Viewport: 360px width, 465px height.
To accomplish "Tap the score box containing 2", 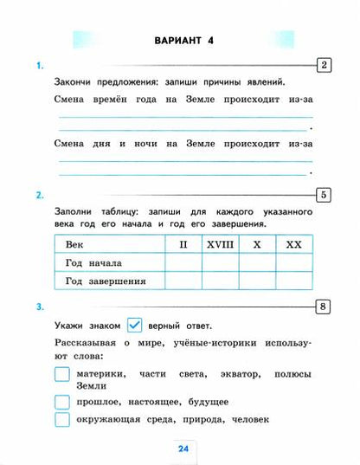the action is click(323, 66).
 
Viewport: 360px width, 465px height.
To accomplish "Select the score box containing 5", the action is click(323, 194).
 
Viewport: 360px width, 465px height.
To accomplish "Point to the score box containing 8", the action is click(323, 306).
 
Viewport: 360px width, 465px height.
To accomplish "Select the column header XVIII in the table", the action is click(220, 245).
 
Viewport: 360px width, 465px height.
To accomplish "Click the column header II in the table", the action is click(183, 245).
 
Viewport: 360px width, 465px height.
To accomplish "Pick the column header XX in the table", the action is click(293, 245).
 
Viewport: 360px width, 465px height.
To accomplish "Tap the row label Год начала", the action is click(93, 262).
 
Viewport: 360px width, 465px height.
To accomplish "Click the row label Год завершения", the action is click(105, 281).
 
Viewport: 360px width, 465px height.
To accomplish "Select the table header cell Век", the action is click(75, 245).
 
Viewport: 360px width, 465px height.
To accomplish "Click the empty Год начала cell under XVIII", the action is click(220, 262).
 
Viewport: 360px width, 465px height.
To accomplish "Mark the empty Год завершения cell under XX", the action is click(293, 281).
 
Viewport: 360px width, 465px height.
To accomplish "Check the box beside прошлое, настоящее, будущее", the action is click(61, 402).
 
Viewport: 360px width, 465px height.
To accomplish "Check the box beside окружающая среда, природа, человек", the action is click(61, 420).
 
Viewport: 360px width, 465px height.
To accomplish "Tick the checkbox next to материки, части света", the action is click(61, 374).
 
